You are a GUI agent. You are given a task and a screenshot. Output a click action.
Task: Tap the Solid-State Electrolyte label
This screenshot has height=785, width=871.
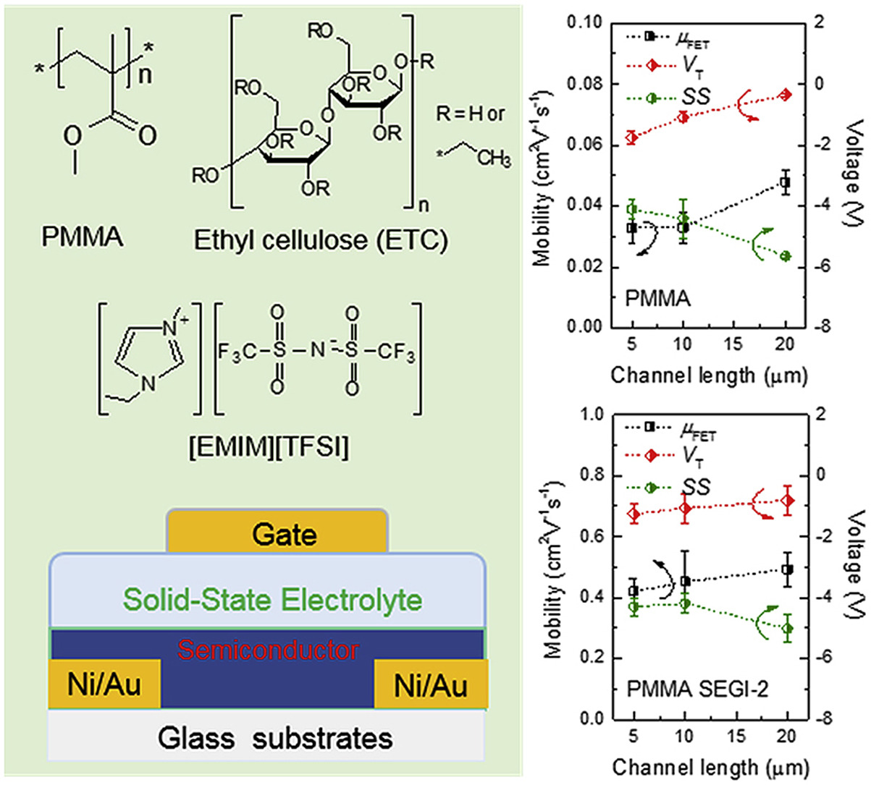coord(272,600)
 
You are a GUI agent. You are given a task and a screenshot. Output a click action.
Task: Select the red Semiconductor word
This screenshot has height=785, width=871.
coord(268,650)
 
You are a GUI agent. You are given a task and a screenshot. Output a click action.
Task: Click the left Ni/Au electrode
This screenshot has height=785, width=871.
coord(104,684)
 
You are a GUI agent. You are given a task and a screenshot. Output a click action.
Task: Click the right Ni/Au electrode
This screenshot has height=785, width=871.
coord(431,684)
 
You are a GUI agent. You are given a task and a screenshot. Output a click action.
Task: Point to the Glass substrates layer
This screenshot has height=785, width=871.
coord(275,738)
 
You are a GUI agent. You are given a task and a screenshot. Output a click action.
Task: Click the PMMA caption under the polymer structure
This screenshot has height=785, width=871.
coord(83,237)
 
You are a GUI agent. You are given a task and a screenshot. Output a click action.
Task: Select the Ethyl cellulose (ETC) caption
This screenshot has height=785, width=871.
coord(321,240)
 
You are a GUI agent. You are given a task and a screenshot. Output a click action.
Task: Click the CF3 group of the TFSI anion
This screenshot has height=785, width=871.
coord(397,353)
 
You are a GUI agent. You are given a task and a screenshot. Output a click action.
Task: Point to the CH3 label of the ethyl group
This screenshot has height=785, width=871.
coord(494,158)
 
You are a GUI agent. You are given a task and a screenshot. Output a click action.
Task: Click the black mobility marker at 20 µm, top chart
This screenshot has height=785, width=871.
coord(786,182)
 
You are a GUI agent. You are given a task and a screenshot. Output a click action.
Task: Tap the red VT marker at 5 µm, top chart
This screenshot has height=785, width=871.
coord(632,137)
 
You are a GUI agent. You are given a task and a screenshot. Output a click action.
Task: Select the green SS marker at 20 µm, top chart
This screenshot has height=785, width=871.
coord(786,256)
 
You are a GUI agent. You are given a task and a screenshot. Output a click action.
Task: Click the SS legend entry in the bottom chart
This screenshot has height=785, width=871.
coord(696,487)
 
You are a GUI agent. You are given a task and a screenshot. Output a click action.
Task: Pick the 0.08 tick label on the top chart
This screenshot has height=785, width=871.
coord(585,84)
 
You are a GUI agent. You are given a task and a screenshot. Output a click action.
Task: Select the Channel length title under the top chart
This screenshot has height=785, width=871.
coord(708,375)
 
